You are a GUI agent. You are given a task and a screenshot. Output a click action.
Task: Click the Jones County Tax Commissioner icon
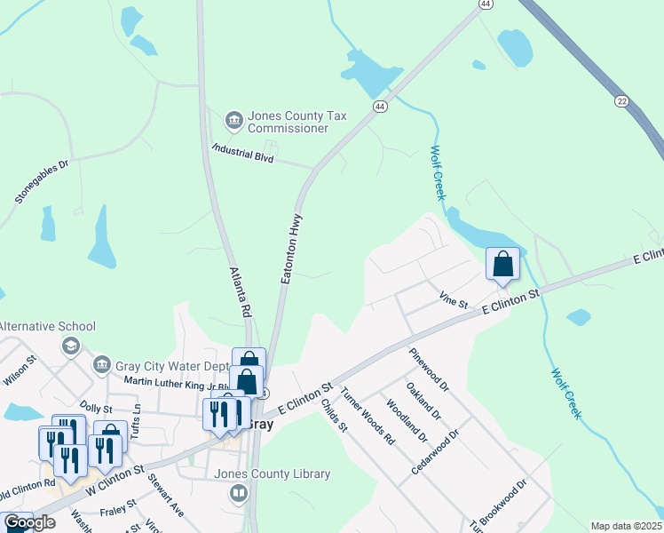click(234, 120)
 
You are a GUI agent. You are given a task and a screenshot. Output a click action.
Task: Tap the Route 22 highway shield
click(621, 101)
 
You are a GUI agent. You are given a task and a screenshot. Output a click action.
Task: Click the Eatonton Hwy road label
click(292, 249)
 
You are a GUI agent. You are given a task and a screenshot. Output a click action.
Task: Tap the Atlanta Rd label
click(241, 293)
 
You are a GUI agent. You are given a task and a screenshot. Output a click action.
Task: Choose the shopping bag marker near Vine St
click(502, 264)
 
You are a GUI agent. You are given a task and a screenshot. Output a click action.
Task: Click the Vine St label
click(453, 302)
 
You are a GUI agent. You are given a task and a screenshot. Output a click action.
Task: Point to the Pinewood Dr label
click(430, 370)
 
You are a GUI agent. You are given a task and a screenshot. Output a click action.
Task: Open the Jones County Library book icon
click(238, 493)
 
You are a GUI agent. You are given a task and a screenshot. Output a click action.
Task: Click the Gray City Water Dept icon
click(102, 365)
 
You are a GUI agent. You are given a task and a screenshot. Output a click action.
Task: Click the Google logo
click(29, 522)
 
